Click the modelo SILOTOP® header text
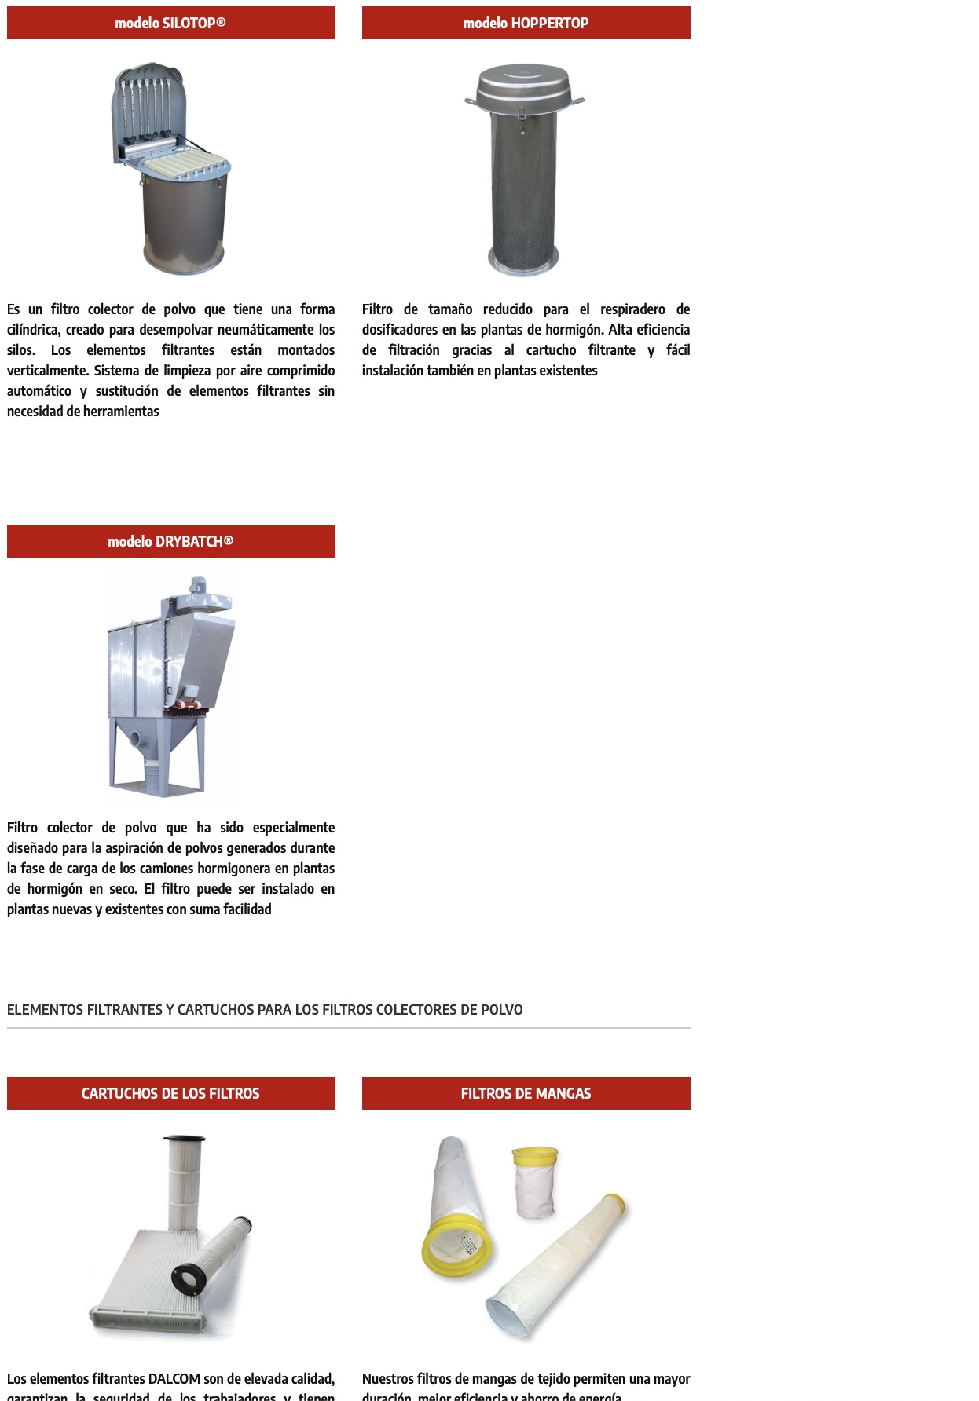[170, 23]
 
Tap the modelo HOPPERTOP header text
[526, 23]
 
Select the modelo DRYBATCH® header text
[170, 541]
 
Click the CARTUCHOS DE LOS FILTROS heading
[170, 1093]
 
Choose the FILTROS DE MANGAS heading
[526, 1093]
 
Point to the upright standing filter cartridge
[185, 1178]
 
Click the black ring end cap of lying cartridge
[189, 1278]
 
